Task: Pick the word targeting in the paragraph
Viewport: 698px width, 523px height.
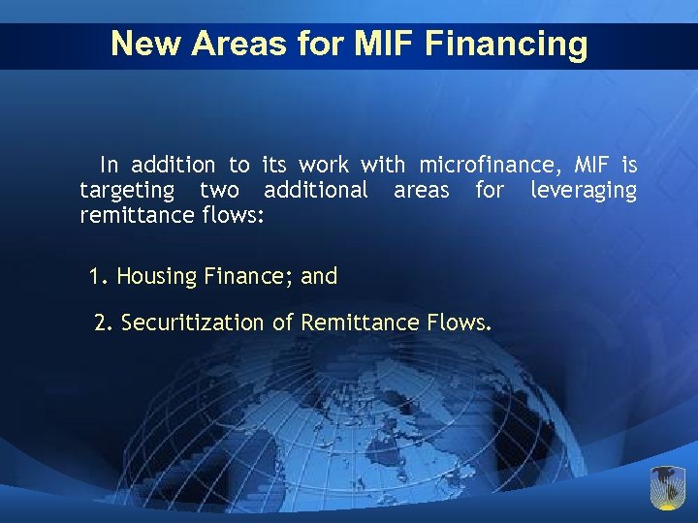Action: click(x=127, y=190)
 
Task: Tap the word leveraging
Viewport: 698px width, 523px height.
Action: click(x=584, y=190)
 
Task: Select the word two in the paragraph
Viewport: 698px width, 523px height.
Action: click(x=219, y=190)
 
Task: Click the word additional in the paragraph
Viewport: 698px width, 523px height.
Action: click(x=316, y=190)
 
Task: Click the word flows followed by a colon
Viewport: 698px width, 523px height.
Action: click(x=232, y=214)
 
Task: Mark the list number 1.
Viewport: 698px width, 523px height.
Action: click(x=96, y=277)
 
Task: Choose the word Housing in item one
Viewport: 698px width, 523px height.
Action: click(x=157, y=277)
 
